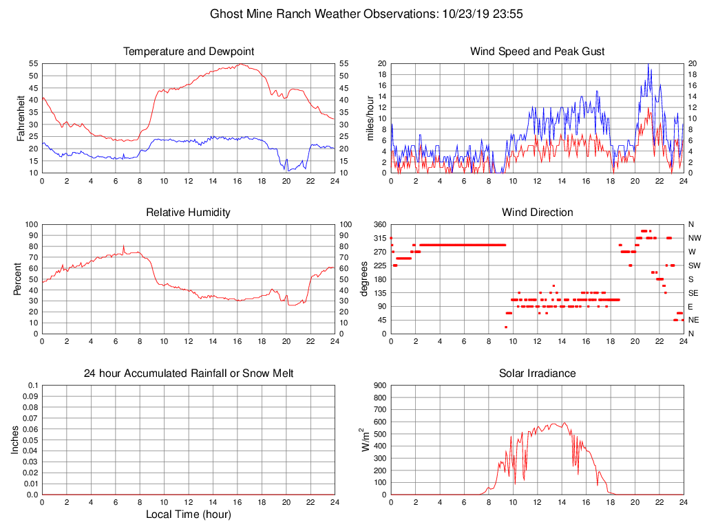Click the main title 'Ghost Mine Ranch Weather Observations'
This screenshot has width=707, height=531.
(322, 13)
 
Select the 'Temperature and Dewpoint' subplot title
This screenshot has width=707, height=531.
(189, 52)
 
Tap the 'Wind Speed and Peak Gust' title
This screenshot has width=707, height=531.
(537, 52)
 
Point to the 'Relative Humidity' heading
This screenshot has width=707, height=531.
(189, 213)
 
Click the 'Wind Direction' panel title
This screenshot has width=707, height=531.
(537, 213)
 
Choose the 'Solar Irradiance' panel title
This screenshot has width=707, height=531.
(537, 373)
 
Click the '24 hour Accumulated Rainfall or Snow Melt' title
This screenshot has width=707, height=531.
(189, 373)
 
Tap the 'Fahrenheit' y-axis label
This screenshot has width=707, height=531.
(21, 118)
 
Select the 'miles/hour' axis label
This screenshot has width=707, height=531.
(370, 118)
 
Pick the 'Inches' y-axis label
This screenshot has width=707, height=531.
(15, 440)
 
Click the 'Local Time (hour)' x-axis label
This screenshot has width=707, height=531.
(189, 514)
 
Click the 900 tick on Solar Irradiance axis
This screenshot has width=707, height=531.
(379, 385)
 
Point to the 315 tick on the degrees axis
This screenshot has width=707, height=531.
(378, 238)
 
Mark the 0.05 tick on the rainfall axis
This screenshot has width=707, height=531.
(30, 440)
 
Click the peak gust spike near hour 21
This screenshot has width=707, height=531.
(648, 65)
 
